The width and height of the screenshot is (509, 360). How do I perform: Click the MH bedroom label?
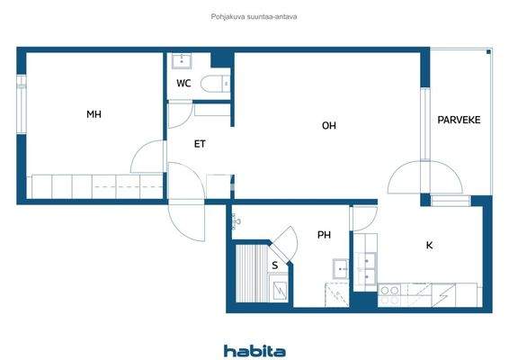point(94,114)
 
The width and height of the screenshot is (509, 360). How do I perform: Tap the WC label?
point(183,84)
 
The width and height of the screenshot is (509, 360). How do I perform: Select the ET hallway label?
point(201,143)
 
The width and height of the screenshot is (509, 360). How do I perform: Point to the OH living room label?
point(329,126)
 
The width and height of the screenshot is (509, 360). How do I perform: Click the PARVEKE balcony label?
point(459,120)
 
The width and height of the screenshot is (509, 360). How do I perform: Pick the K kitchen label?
point(430,244)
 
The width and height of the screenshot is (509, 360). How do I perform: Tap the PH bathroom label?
point(324,236)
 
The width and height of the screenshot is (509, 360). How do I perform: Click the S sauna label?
point(274,265)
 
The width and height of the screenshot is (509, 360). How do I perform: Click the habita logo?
point(254,351)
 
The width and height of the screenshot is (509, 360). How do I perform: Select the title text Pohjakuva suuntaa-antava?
point(254,16)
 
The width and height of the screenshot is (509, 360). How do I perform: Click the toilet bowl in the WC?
point(215,85)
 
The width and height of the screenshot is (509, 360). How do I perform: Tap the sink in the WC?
point(183,61)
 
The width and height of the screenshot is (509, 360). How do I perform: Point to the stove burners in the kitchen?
point(390,290)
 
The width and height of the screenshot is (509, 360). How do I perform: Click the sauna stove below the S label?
point(281,290)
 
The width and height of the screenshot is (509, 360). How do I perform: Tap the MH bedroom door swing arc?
point(147,158)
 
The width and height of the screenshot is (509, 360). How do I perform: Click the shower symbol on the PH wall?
point(237,219)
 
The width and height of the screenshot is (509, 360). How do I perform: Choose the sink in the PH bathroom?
point(341,268)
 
